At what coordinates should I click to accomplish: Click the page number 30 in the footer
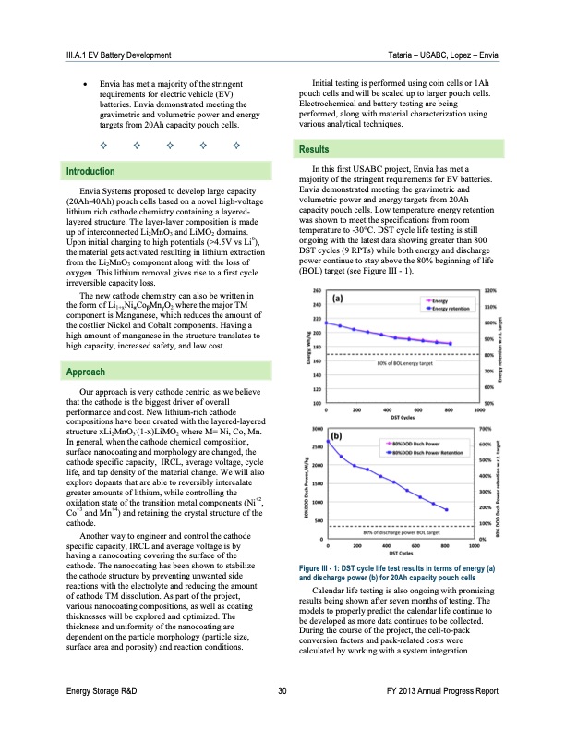(x=282, y=716)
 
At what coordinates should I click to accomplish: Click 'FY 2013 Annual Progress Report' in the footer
(x=444, y=716)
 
